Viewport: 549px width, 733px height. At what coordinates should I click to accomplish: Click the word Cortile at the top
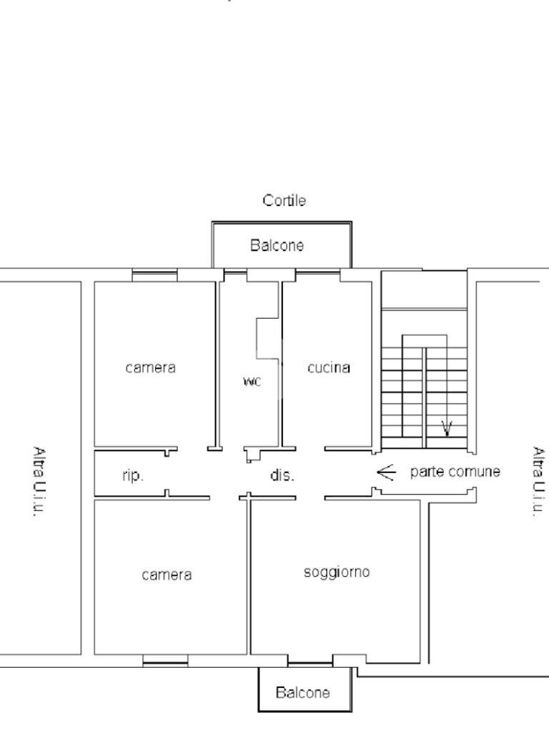click(285, 201)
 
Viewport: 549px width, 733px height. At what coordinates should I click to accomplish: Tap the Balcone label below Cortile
click(277, 246)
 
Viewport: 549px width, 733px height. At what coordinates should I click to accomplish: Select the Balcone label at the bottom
click(303, 692)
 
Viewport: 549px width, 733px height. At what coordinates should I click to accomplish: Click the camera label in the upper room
click(150, 368)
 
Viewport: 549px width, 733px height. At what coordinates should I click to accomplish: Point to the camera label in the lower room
click(167, 575)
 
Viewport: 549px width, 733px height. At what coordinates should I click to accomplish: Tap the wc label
click(252, 382)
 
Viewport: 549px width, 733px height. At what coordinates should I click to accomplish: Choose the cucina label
click(329, 368)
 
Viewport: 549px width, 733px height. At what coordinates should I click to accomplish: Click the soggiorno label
click(337, 572)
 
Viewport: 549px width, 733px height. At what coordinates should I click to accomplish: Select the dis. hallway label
click(282, 475)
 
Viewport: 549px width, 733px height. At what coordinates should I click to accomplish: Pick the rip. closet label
click(132, 475)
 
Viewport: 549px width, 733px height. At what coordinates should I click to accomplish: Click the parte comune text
click(455, 472)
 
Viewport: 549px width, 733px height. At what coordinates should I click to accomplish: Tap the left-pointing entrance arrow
click(386, 472)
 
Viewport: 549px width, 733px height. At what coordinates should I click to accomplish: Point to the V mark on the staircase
click(447, 428)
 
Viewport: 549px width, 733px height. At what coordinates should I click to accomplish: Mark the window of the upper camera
click(154, 273)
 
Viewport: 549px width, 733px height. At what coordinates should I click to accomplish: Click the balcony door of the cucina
click(317, 273)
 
